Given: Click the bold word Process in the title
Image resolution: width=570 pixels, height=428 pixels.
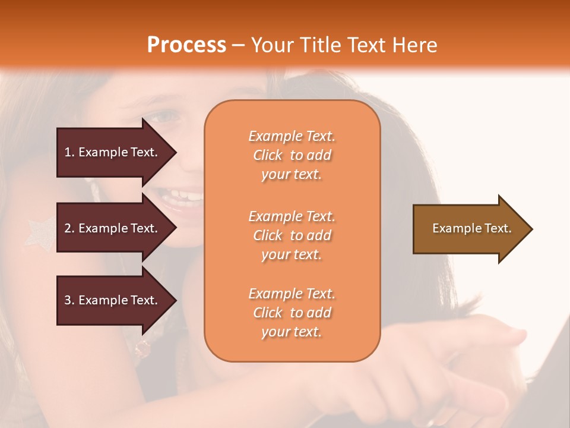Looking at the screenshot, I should click(186, 45).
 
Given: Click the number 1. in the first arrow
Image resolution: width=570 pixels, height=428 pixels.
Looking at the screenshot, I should click(69, 152).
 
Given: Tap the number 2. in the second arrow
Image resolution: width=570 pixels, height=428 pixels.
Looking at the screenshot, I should click(69, 228).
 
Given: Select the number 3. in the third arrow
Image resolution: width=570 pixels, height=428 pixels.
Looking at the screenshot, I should click(69, 300).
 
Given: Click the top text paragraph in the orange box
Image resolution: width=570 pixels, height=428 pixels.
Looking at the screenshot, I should click(292, 155).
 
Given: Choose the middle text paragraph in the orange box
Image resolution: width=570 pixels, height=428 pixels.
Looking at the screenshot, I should click(292, 235).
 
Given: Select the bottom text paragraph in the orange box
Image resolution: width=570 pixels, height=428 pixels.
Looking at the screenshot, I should click(292, 313).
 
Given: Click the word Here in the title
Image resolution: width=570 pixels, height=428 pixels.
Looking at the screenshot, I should click(416, 45).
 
